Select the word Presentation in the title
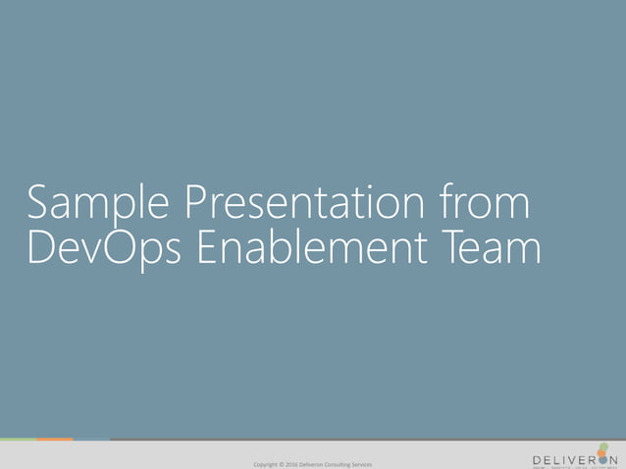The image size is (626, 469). coord(300,205)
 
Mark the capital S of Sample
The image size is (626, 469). coord(40,203)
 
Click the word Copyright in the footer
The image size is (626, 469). coord(266,464)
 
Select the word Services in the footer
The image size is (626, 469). coord(363,464)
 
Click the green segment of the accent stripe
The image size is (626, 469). coord(18,440)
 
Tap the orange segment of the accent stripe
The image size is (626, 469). coord(55,440)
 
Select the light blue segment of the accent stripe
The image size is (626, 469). coord(91,440)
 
